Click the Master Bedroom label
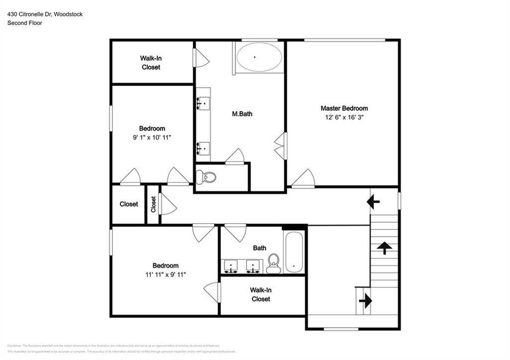tap(344, 108)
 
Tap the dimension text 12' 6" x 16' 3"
tap(344, 118)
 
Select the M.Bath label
tap(242, 114)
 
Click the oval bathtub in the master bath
tap(255, 57)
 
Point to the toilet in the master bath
tap(206, 177)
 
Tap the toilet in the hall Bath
tap(273, 262)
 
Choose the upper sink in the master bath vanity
tap(203, 102)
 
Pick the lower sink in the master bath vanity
tap(203, 148)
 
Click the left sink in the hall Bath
tap(231, 266)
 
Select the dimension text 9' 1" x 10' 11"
tap(152, 137)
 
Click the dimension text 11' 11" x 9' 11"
tap(165, 274)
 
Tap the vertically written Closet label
tap(153, 204)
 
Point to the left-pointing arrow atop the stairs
tap(373, 202)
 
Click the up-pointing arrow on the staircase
tap(384, 247)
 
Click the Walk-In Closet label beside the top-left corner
tap(151, 62)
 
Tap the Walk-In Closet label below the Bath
tap(260, 294)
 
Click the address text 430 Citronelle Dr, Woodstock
tap(45, 14)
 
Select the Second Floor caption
tap(24, 23)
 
